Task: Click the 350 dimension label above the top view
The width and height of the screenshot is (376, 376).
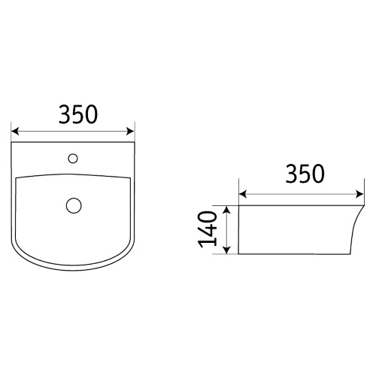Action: (x=78, y=114)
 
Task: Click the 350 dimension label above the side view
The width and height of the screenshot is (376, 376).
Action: (x=305, y=174)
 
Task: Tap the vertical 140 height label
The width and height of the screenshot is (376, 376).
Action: (x=208, y=229)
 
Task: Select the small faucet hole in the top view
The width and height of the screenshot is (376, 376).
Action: (x=73, y=159)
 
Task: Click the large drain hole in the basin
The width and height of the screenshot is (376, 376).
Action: (x=74, y=205)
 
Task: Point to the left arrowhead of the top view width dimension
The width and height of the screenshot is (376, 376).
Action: (x=15, y=132)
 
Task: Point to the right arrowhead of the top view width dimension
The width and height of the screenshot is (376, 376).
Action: (x=131, y=131)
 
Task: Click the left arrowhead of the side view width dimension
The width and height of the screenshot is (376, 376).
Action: (x=243, y=194)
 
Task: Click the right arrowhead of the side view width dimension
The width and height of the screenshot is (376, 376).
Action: (x=359, y=194)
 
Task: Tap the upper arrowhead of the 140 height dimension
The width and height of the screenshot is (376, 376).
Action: (x=226, y=210)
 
